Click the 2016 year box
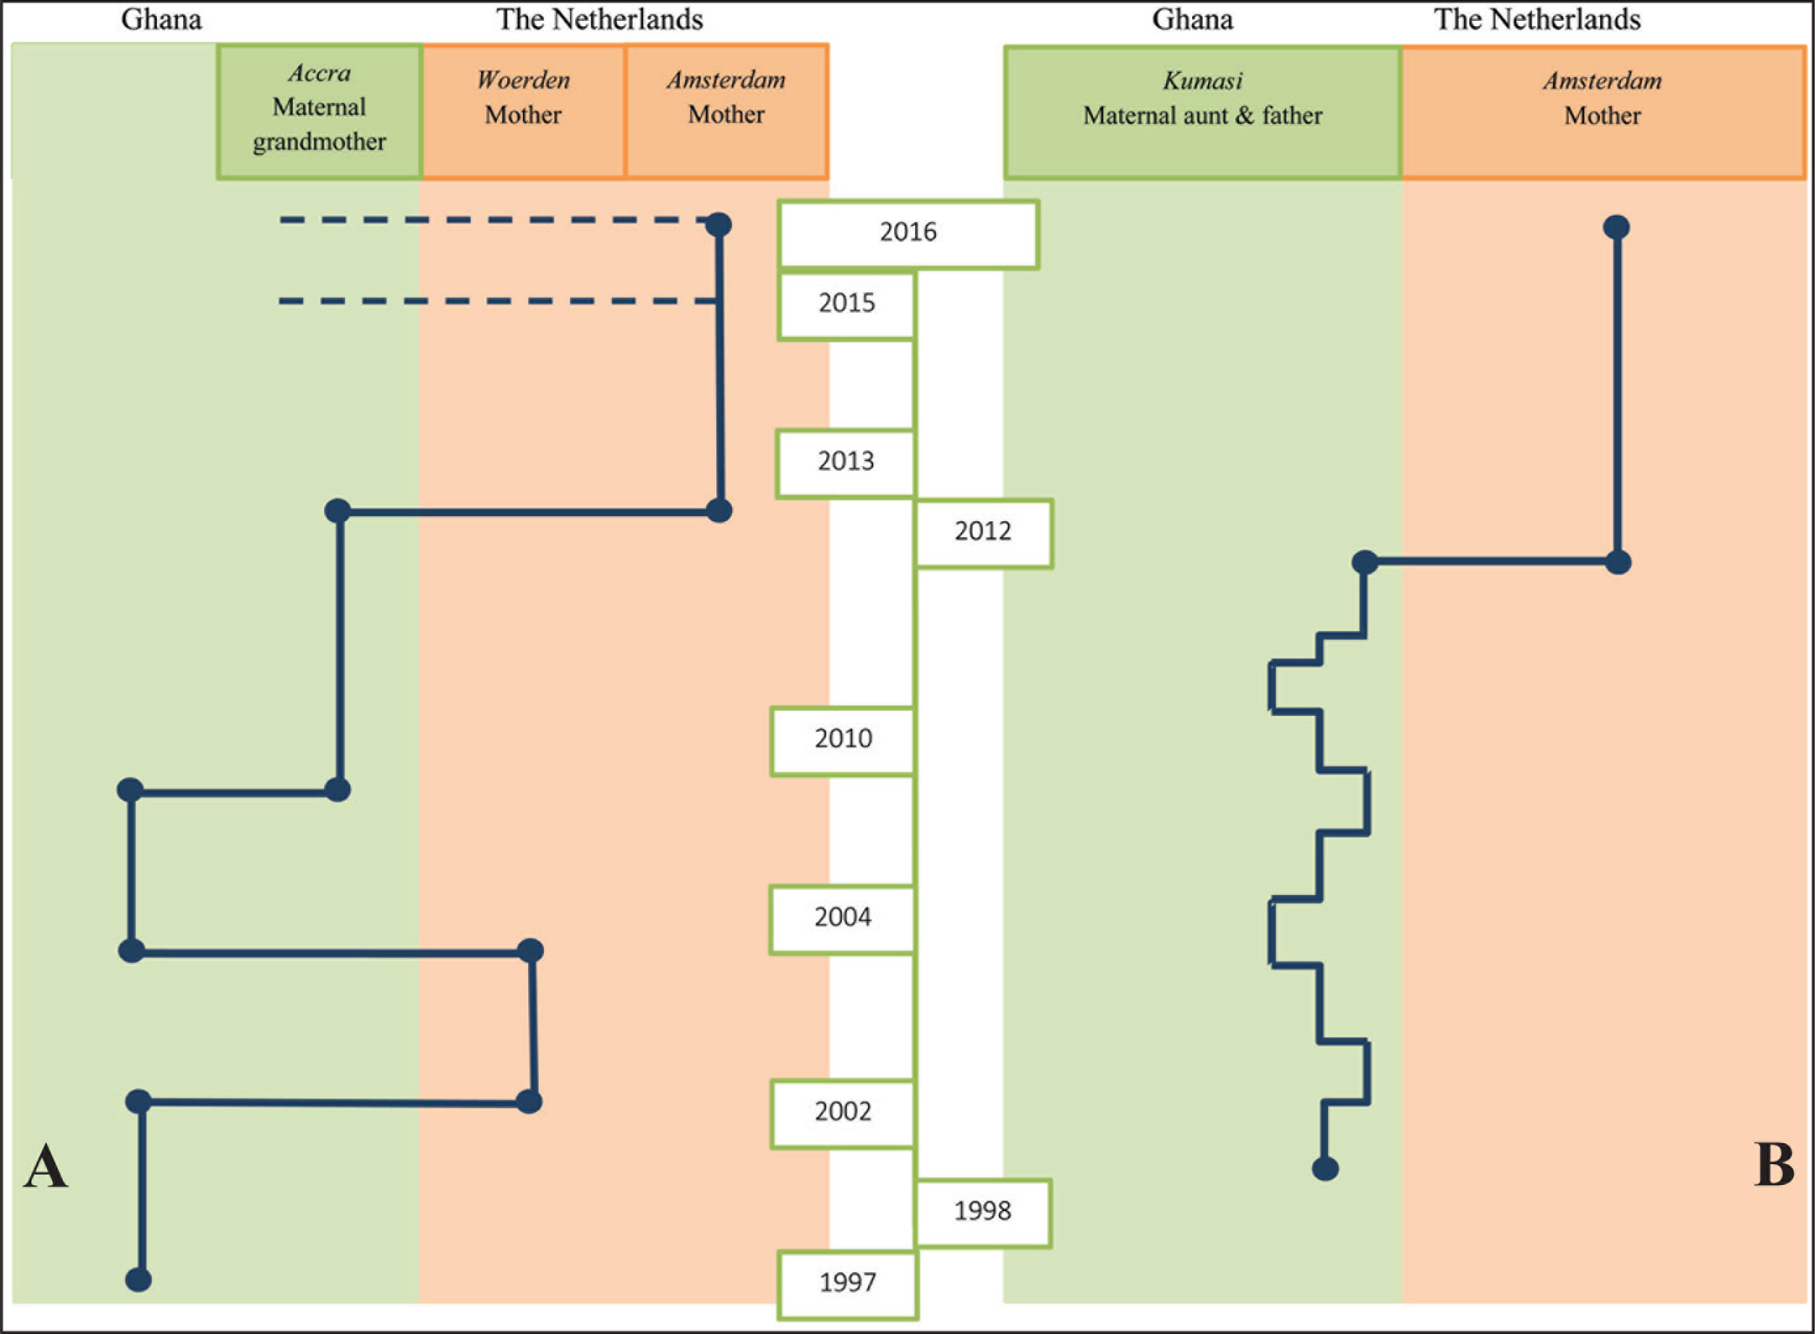[x=908, y=234]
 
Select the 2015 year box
[x=846, y=305]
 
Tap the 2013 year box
[x=846, y=464]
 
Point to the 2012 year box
[x=984, y=534]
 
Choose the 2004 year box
[x=842, y=920]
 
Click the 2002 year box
[x=842, y=1114]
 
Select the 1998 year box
[x=983, y=1214]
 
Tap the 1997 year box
[x=847, y=1285]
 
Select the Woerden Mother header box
[x=524, y=110]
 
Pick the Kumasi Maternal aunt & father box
[x=1203, y=112]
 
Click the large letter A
[x=45, y=1166]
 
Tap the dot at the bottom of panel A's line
[x=138, y=1279]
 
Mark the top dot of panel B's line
[x=1616, y=227]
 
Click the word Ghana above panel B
[x=1192, y=20]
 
